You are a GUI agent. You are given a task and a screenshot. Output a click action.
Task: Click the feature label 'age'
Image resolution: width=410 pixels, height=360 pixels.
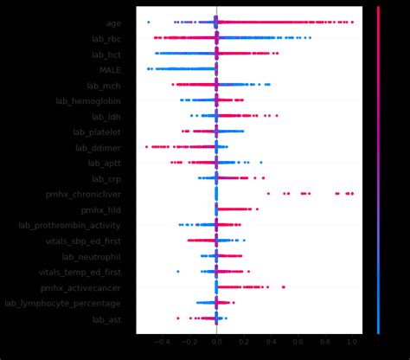(x=112, y=23)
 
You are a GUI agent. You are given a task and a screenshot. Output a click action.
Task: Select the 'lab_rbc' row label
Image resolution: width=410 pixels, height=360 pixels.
(x=106, y=39)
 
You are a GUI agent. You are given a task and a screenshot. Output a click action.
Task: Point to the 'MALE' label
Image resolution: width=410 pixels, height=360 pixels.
(x=110, y=70)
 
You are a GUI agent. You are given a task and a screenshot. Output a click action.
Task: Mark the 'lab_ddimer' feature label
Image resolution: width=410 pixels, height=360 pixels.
(x=98, y=148)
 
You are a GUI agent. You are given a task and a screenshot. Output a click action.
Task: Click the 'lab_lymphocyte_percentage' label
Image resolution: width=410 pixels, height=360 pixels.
(x=62, y=304)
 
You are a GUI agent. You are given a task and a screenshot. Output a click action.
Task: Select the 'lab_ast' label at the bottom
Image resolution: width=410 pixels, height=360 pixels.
(x=106, y=319)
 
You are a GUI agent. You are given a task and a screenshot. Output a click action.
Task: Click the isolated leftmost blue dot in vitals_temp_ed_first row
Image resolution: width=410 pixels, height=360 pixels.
(x=178, y=272)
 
